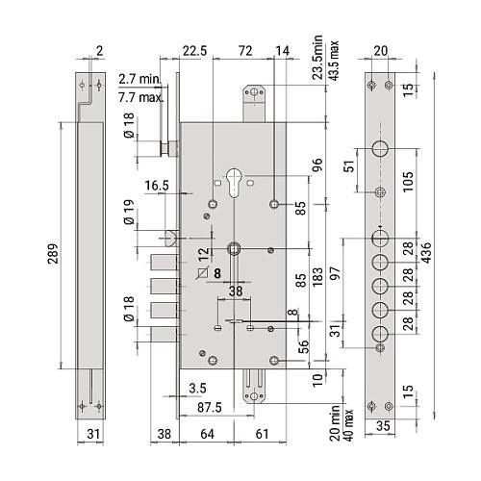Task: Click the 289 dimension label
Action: (53, 254)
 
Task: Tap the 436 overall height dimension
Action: (426, 253)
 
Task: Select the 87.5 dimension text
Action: (210, 408)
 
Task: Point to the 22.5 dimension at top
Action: (195, 51)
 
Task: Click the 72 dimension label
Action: (245, 51)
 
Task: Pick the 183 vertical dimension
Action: (317, 277)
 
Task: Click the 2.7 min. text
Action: (139, 79)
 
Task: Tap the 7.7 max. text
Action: (140, 97)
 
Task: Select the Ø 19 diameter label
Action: (129, 212)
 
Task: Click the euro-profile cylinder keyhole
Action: (235, 182)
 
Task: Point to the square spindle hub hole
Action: (234, 248)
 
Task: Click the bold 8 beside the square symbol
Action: (217, 273)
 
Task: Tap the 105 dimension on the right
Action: (408, 182)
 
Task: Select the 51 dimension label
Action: (350, 165)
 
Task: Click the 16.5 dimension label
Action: (157, 186)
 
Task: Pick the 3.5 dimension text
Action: (197, 389)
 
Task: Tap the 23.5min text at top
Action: (317, 58)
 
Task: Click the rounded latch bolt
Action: (171, 239)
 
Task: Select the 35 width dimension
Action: (383, 426)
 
